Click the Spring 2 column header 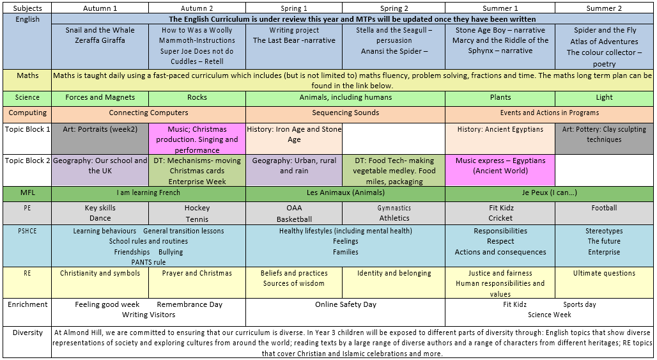click(394, 8)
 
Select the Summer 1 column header click(500, 8)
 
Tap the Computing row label click(27, 113)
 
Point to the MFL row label click(27, 192)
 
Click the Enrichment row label click(27, 304)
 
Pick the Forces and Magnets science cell click(100, 98)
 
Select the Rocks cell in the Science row click(197, 98)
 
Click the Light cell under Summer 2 click(604, 98)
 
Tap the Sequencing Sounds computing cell click(346, 113)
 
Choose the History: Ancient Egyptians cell click(500, 139)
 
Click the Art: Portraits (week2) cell click(100, 139)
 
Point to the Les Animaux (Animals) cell click(346, 192)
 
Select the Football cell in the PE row click(604, 214)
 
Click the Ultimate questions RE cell click(604, 283)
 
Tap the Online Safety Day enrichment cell click(346, 312)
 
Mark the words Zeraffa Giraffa click(100, 40)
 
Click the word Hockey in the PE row click(197, 208)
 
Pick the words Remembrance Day click(189, 304)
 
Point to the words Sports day click(580, 304)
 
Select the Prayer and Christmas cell click(197, 283)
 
